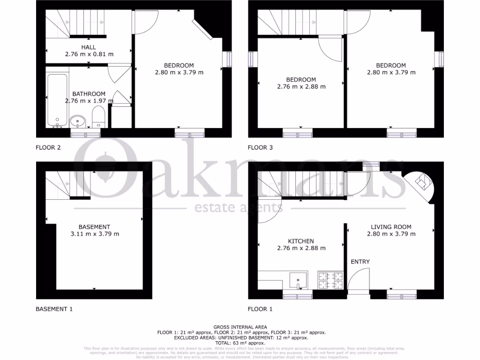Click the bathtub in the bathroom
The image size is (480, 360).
57,99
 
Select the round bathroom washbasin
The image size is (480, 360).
78,122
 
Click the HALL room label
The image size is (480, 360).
89,47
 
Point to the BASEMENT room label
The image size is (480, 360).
94,227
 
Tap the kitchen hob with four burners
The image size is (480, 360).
331,280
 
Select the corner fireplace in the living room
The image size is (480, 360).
422,184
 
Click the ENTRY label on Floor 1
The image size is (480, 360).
360,262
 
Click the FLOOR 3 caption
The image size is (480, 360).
260,148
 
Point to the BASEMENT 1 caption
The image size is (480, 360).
54,309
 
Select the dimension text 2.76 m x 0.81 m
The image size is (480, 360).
89,54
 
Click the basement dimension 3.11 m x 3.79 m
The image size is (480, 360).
94,234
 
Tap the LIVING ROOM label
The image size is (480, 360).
391,226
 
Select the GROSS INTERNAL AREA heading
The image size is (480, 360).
240,327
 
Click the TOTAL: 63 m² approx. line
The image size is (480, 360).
240,343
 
